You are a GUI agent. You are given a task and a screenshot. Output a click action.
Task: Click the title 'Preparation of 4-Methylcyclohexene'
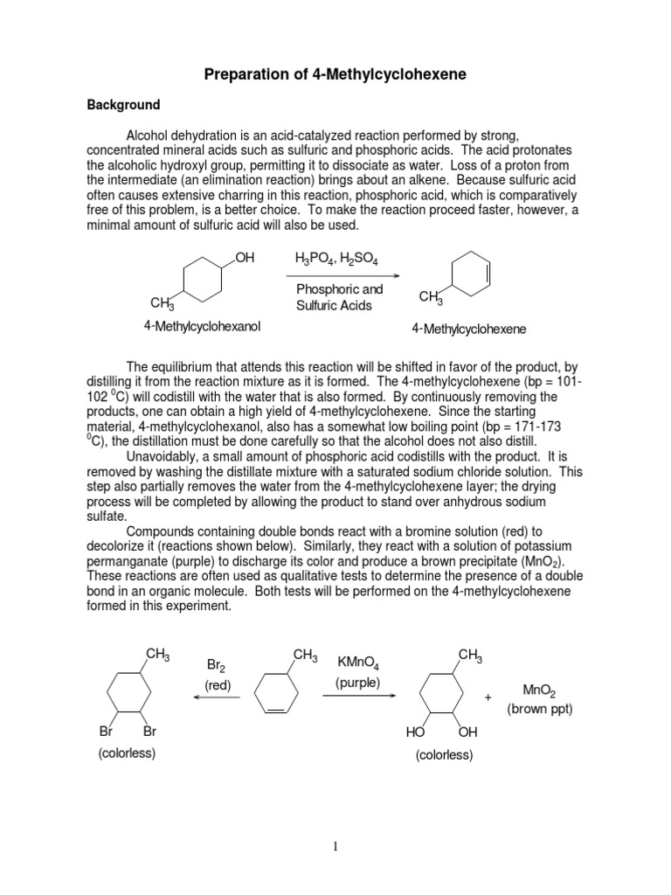(x=335, y=75)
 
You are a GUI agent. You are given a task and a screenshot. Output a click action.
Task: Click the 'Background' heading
(x=123, y=105)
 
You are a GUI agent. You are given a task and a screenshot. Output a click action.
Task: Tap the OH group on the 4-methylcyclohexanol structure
(x=245, y=257)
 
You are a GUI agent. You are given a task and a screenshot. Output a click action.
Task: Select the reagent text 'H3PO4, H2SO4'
(x=335, y=258)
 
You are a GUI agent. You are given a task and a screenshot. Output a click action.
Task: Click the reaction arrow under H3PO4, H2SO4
(x=336, y=274)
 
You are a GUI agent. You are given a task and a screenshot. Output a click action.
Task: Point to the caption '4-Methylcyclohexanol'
(x=203, y=326)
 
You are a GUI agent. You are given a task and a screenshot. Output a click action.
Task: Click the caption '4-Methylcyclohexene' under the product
(x=469, y=330)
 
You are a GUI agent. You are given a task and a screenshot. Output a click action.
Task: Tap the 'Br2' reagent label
(x=217, y=665)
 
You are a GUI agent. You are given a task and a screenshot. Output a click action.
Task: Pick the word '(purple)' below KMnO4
(x=357, y=683)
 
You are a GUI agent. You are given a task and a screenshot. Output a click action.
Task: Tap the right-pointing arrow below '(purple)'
(x=358, y=696)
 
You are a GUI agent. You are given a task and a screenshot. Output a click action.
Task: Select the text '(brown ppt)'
(x=540, y=709)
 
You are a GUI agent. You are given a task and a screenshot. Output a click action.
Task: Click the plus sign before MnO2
(x=488, y=697)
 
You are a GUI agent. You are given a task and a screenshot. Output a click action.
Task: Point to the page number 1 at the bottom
(x=335, y=847)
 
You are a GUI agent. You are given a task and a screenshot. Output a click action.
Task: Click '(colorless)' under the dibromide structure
(x=127, y=753)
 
